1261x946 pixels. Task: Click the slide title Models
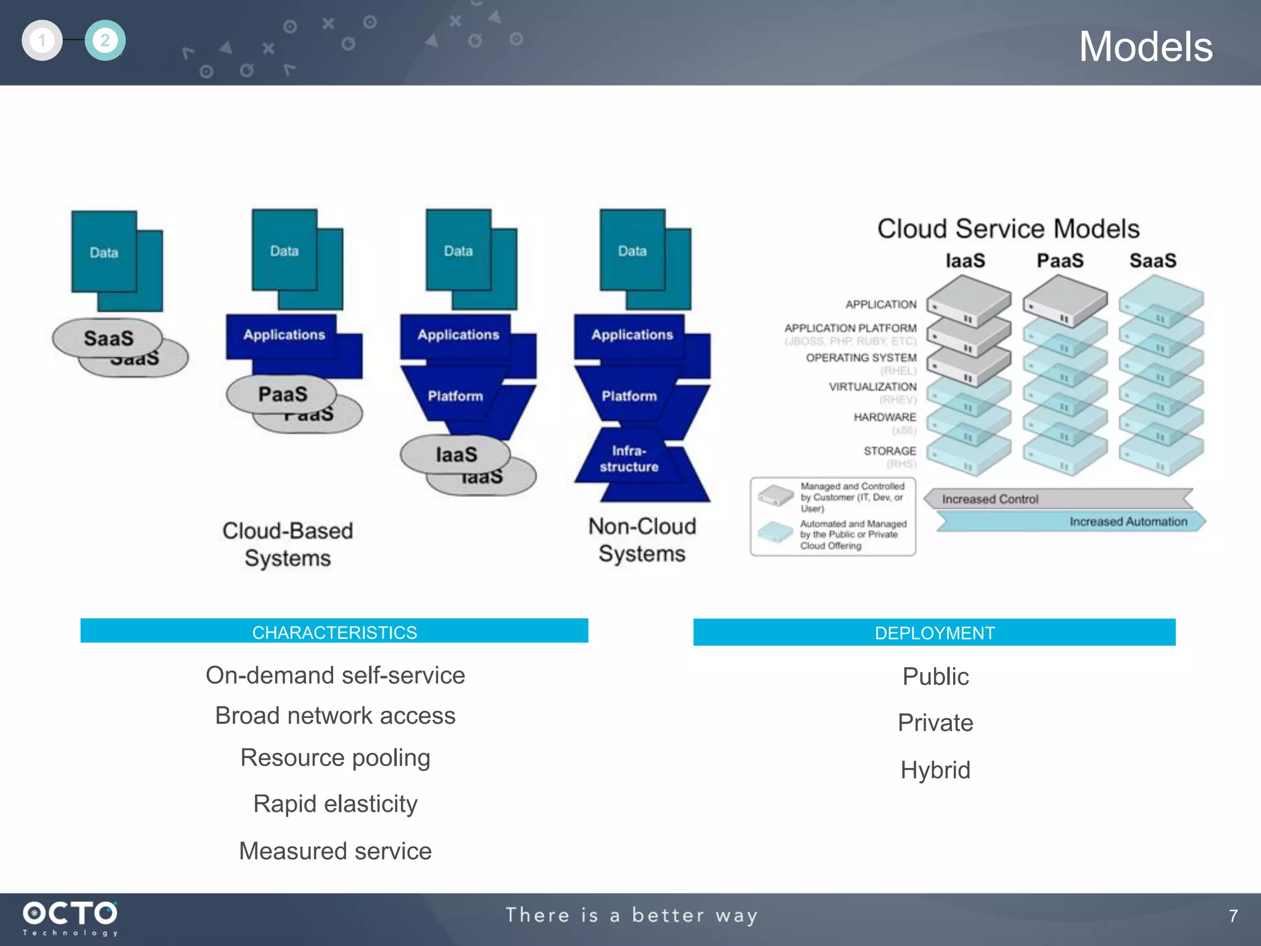click(x=1145, y=47)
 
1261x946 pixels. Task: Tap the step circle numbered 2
click(x=105, y=41)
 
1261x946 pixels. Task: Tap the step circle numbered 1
click(x=42, y=41)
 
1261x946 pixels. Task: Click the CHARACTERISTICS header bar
click(x=334, y=631)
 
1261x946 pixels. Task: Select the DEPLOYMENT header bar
click(x=934, y=633)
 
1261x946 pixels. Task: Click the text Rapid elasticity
click(x=335, y=804)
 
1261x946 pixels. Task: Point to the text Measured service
click(x=335, y=851)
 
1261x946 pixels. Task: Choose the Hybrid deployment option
click(x=935, y=770)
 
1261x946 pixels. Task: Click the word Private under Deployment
click(x=935, y=722)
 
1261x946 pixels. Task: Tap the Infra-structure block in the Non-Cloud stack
click(x=629, y=459)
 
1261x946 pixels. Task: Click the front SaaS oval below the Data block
click(x=108, y=338)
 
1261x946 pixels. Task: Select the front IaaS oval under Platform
click(x=456, y=455)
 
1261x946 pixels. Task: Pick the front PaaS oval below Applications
click(x=282, y=394)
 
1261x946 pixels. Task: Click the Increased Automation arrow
click(x=1071, y=522)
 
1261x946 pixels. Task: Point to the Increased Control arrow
click(x=1059, y=499)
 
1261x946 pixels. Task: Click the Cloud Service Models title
click(x=1008, y=228)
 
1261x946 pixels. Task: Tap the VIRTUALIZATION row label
click(x=872, y=387)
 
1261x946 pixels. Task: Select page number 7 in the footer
click(x=1233, y=916)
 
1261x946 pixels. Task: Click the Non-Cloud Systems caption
click(x=642, y=540)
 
